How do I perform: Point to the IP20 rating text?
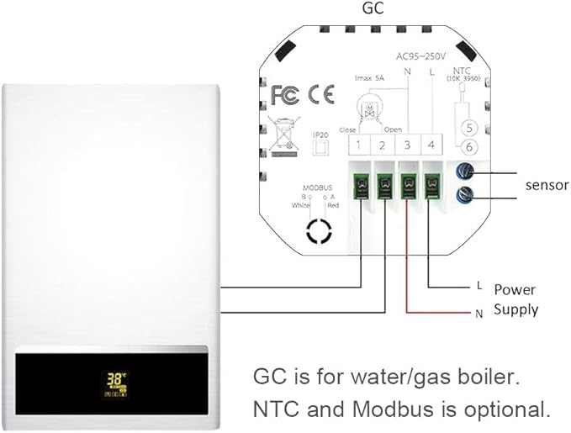click(320, 135)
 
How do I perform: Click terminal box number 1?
click(359, 146)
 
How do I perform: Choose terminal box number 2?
click(383, 146)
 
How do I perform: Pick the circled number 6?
click(472, 147)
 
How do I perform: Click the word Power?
click(515, 289)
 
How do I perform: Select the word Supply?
click(515, 309)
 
